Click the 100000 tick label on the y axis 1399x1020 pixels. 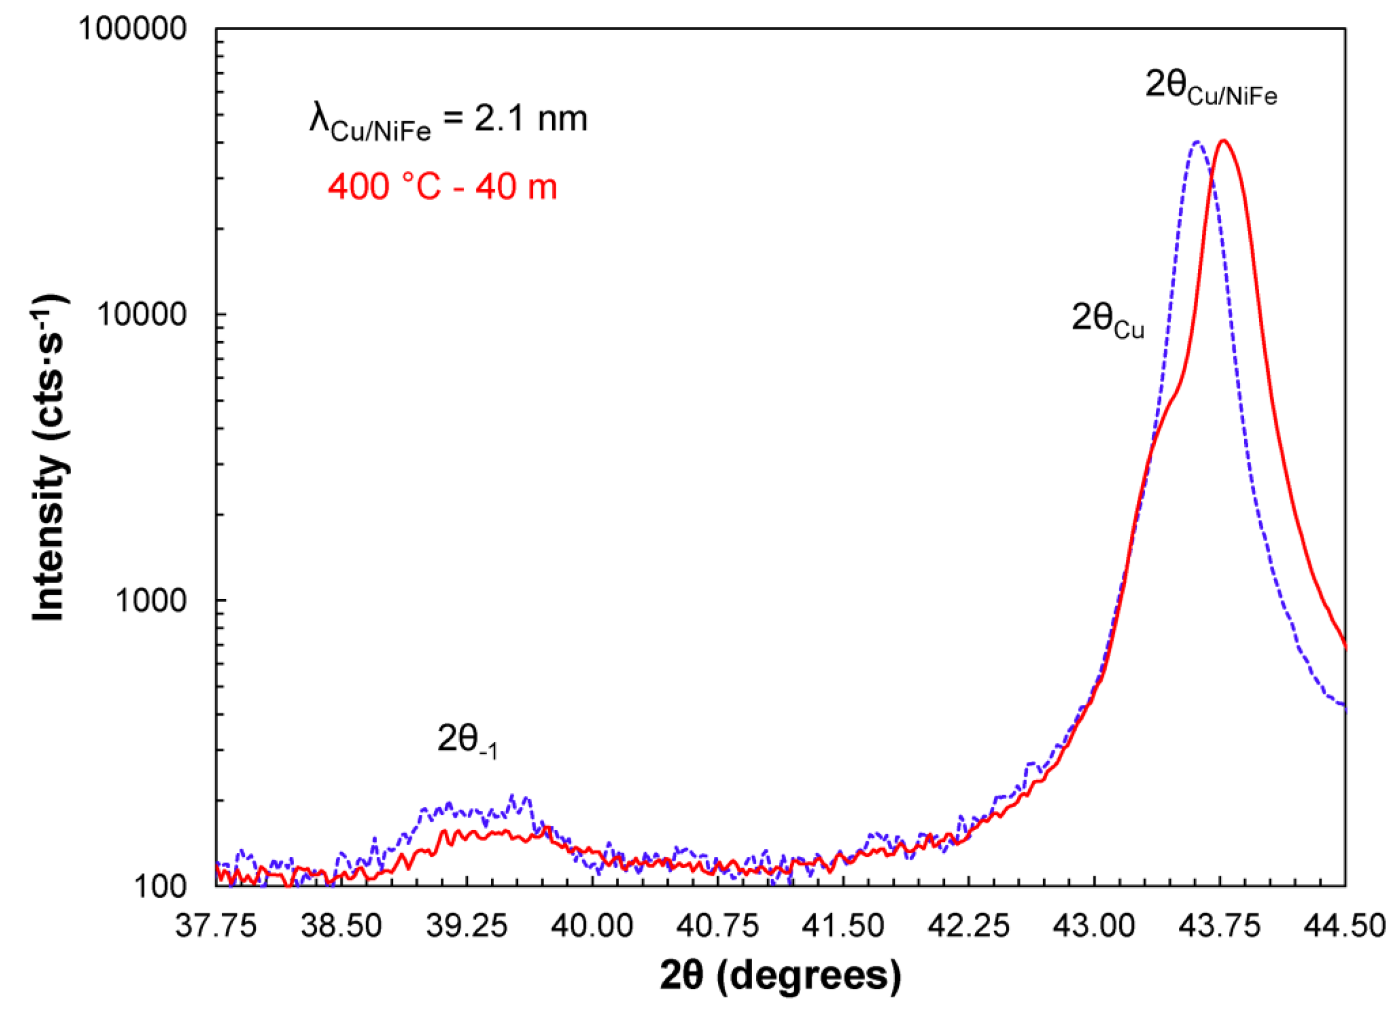click(132, 29)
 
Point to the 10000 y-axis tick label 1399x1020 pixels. click(142, 315)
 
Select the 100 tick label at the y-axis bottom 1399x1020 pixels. click(160, 887)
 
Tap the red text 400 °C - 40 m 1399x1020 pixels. click(442, 186)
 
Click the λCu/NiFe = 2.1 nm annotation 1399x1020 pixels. click(448, 121)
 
